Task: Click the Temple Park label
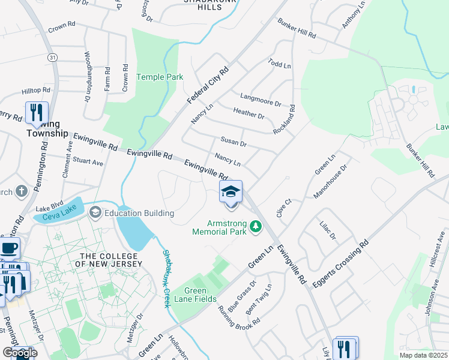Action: click(160, 77)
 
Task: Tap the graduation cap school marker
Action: click(231, 193)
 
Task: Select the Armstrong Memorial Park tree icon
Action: click(256, 226)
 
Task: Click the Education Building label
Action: click(139, 213)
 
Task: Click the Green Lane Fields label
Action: click(195, 294)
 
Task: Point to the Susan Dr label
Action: click(234, 143)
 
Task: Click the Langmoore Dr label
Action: click(261, 99)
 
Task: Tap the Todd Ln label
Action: click(279, 63)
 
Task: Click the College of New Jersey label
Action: click(111, 260)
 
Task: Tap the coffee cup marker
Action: click(9, 247)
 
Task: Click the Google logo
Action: click(20, 353)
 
